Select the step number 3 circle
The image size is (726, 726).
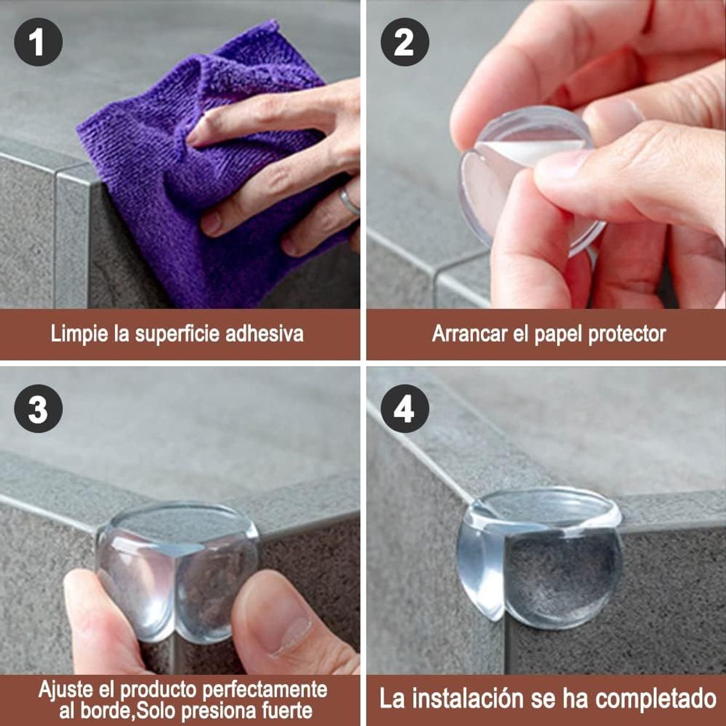(38, 409)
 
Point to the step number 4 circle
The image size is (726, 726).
(404, 409)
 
